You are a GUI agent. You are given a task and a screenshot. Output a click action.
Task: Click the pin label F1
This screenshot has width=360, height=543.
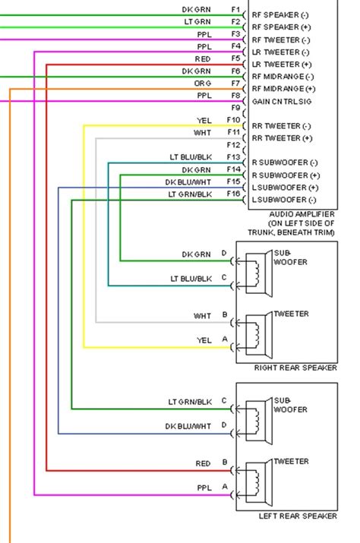pyautogui.click(x=235, y=10)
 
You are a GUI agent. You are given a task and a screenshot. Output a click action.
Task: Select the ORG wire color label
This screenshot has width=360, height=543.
pyautogui.click(x=203, y=83)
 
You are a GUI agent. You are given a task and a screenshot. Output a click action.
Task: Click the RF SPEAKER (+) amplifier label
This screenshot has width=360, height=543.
pyautogui.click(x=280, y=27)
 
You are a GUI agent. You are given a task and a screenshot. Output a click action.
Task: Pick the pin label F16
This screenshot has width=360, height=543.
pyautogui.click(x=233, y=194)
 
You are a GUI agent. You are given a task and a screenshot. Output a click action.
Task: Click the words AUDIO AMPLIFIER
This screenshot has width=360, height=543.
pyautogui.click(x=292, y=215)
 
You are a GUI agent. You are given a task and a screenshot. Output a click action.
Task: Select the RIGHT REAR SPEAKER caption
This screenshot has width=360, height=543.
pyautogui.click(x=295, y=368)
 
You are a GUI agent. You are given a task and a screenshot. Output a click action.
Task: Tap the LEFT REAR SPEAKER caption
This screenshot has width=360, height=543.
pyautogui.click(x=297, y=516)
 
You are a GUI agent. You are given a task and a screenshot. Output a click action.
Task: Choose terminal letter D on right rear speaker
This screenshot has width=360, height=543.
pyautogui.click(x=223, y=252)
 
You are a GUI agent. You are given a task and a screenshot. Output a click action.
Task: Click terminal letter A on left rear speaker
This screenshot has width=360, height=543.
pyautogui.click(x=223, y=486)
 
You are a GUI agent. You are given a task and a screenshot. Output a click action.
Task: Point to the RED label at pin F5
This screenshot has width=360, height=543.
pyautogui.click(x=203, y=58)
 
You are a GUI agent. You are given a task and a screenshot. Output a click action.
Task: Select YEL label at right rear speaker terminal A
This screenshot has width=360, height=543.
pyautogui.click(x=204, y=339)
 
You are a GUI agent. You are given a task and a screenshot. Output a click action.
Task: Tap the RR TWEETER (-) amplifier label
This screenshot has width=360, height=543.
pyautogui.click(x=281, y=126)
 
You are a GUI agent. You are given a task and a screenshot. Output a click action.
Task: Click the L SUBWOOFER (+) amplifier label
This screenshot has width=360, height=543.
pyautogui.click(x=285, y=187)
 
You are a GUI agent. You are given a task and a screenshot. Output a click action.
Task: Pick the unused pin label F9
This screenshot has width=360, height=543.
pyautogui.click(x=235, y=109)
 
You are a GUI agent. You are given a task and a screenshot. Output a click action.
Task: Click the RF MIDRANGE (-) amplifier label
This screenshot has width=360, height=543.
pyautogui.click(x=283, y=77)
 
